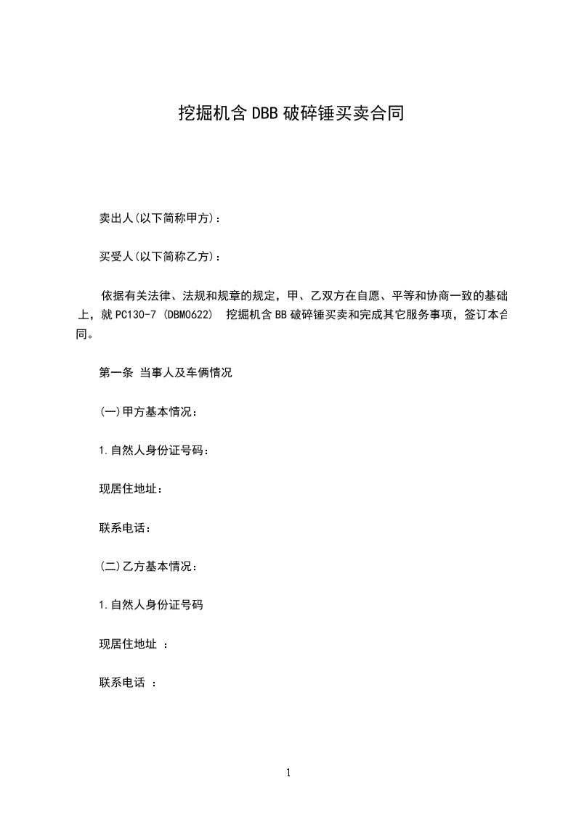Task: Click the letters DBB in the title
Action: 265,113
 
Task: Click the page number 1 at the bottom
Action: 288,773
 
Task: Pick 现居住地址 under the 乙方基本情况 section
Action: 129,643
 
